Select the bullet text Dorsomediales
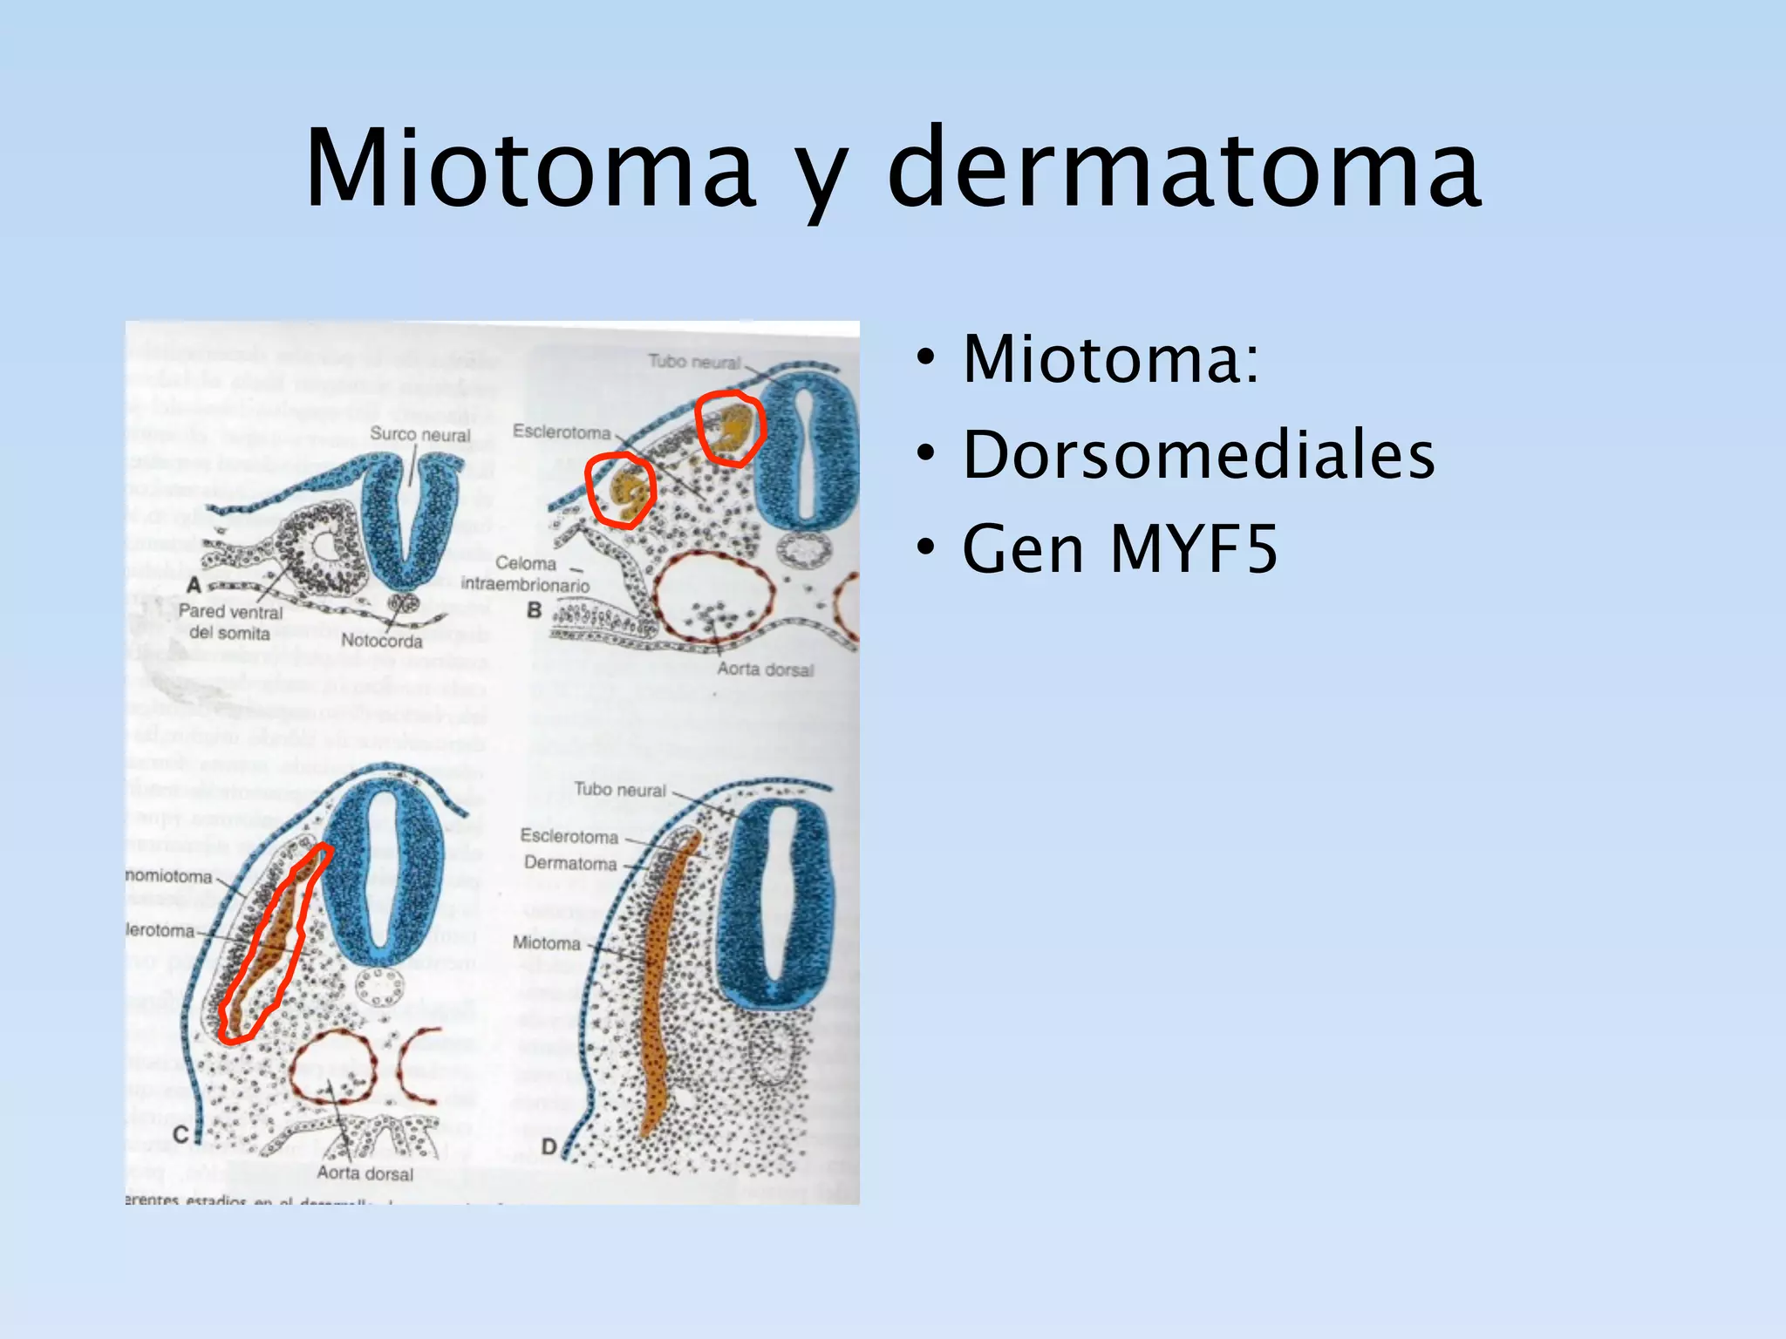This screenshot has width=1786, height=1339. [1198, 455]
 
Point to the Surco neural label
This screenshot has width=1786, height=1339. [419, 434]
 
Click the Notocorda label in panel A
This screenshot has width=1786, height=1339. [381, 641]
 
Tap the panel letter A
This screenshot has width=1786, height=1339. [194, 584]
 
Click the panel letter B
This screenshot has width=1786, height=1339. [534, 611]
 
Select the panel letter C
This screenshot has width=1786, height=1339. [181, 1134]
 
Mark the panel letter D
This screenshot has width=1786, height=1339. [549, 1146]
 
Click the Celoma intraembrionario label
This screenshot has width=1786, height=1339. [525, 574]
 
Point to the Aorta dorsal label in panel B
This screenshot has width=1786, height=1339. [765, 669]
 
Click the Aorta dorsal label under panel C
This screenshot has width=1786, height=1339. [365, 1173]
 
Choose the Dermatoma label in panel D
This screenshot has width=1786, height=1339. [570, 864]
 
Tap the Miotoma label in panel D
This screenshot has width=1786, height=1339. [547, 943]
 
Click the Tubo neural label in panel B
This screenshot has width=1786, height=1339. [694, 361]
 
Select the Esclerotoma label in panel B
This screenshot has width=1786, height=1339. [562, 432]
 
